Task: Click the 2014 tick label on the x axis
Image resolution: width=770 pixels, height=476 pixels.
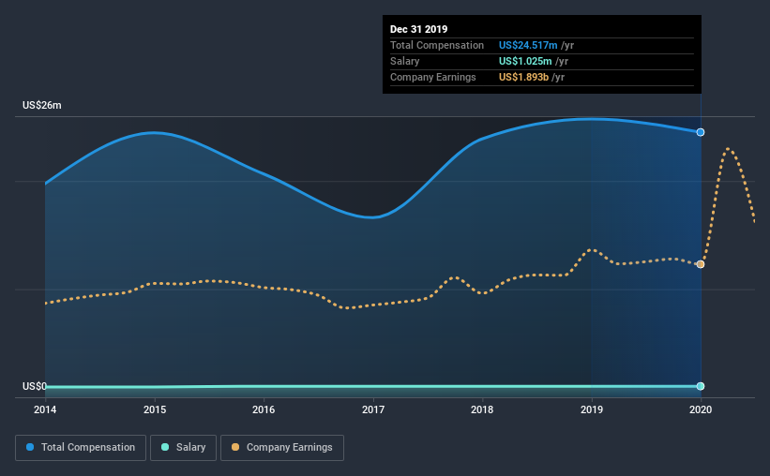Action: tap(45, 409)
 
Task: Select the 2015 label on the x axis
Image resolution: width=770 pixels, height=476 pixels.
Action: tap(155, 409)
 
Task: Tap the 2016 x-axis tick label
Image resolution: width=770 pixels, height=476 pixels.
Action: tap(264, 409)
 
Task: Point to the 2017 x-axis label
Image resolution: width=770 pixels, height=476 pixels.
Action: tap(373, 409)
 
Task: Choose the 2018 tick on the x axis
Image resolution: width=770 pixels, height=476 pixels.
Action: tap(482, 409)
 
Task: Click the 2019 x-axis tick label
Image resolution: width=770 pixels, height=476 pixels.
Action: tap(592, 409)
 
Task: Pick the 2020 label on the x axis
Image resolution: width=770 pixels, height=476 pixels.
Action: tap(701, 409)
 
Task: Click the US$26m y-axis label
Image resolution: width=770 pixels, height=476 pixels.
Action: tap(42, 105)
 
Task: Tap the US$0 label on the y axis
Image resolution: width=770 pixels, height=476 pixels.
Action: tap(35, 386)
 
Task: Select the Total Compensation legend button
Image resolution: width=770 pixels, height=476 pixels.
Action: tap(81, 448)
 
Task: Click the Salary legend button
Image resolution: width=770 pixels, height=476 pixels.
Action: tap(183, 448)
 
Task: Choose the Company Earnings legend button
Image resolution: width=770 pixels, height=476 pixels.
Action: tap(282, 448)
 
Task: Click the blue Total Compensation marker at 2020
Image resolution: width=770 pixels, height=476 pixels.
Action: tap(701, 132)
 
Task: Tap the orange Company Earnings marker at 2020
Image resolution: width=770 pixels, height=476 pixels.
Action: tap(701, 264)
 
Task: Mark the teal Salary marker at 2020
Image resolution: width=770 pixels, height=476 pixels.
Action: tap(701, 386)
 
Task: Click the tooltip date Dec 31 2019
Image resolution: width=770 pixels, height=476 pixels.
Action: tap(419, 29)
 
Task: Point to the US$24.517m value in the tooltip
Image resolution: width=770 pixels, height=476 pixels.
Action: tap(528, 45)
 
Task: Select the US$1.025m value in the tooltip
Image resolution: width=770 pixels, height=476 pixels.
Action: tap(525, 61)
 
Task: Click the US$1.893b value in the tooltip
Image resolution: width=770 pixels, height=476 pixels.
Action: tap(523, 77)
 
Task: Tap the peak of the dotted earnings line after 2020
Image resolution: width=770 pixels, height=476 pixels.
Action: tap(728, 148)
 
